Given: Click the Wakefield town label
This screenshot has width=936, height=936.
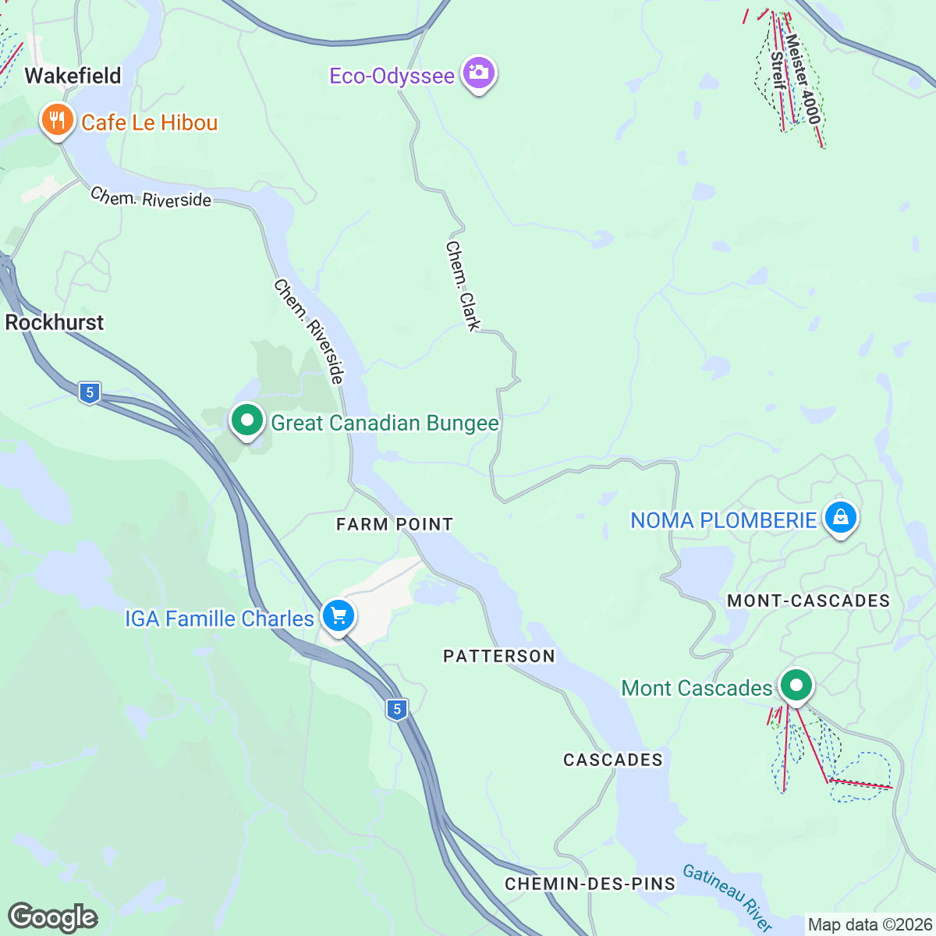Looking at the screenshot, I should (x=73, y=76).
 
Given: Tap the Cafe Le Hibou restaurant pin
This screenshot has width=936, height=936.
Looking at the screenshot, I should (x=56, y=120).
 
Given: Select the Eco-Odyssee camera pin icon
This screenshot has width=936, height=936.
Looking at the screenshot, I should (x=479, y=74).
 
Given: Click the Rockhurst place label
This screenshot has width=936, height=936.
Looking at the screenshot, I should (x=55, y=322).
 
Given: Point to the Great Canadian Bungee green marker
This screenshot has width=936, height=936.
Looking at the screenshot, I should (x=247, y=421).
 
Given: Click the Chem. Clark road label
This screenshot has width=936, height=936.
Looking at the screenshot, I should (x=463, y=285).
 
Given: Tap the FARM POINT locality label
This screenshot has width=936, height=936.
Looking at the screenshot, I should (x=394, y=524).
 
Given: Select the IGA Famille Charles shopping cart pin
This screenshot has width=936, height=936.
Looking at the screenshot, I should (x=339, y=616).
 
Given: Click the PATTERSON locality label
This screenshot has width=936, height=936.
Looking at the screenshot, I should (x=499, y=656).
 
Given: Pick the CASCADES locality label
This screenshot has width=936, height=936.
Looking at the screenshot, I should (x=613, y=760).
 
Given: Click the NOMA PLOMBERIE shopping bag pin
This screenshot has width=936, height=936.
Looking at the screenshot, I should (x=840, y=517).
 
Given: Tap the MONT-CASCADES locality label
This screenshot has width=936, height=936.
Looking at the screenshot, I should (x=808, y=601).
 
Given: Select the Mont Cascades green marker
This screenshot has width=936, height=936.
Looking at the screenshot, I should (x=796, y=686).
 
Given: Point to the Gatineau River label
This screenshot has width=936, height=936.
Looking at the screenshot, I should (x=727, y=896).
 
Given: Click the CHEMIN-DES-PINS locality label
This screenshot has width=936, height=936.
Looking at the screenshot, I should (x=590, y=884).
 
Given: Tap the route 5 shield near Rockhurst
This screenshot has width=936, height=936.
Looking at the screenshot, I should (x=90, y=392).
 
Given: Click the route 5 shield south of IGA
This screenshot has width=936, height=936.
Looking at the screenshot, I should (x=397, y=709).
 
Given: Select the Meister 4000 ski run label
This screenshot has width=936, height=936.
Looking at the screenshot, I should (x=803, y=78).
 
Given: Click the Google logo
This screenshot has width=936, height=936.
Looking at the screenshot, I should (x=52, y=917).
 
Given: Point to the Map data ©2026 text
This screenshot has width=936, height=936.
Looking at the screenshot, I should (x=870, y=925).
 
